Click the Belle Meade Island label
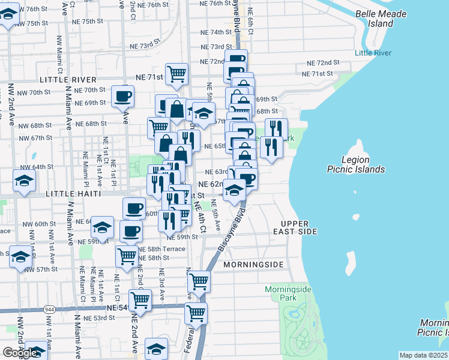[x=382, y=19]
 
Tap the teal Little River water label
[x=373, y=53]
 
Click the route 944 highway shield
[x=49, y=308]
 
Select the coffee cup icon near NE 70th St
[x=122, y=96]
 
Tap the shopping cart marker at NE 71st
[x=177, y=74]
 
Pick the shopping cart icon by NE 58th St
[x=127, y=256]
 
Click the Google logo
[x=20, y=353]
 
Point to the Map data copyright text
[x=423, y=355]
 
